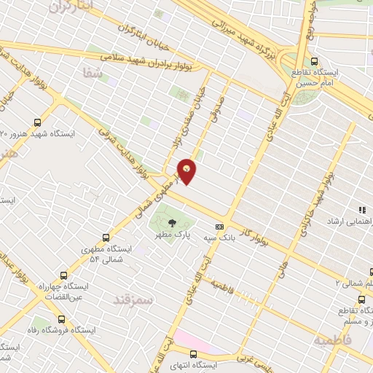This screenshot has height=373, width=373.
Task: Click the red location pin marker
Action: pos(187,170)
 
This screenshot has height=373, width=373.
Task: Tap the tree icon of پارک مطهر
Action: pos(172,223)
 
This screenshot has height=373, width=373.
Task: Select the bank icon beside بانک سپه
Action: pos(219,227)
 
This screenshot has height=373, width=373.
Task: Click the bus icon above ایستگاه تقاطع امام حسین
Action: pos(315,61)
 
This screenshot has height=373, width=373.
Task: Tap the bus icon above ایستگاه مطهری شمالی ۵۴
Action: pos(106,237)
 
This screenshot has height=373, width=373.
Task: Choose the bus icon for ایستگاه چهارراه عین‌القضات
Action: pos(63,276)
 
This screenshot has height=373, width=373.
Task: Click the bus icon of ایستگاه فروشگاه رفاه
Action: pos(60,318)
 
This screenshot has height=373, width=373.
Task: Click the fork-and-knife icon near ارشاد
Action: pos(362,210)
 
